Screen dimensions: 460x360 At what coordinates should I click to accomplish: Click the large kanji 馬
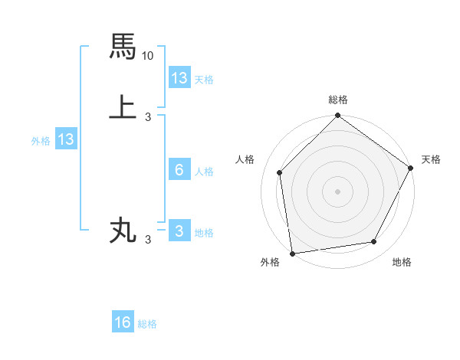tap(123, 47)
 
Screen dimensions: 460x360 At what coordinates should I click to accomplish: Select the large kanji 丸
tap(123, 230)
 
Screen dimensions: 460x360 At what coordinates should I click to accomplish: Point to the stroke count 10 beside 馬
tap(148, 56)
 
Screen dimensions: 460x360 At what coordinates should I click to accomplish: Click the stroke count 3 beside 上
tap(148, 117)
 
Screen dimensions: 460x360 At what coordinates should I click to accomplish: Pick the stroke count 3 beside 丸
tap(148, 240)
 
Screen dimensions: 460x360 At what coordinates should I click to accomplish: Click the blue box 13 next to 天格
tap(179, 78)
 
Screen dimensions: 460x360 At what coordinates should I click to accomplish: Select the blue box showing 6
tap(179, 170)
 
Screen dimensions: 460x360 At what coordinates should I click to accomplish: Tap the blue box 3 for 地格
tap(179, 231)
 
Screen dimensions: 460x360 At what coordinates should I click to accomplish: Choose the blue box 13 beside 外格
tap(66, 139)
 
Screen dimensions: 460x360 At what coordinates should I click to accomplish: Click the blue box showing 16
tap(123, 323)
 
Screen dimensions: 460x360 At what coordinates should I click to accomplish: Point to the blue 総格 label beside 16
tap(147, 324)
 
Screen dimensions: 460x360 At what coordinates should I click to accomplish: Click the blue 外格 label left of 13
tap(41, 140)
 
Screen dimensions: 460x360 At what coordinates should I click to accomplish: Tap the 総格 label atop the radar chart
tap(338, 100)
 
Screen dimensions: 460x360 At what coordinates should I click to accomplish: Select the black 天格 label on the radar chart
tap(431, 159)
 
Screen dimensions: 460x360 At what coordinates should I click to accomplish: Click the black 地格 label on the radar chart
tap(402, 263)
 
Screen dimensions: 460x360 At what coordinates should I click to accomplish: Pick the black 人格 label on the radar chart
tap(245, 159)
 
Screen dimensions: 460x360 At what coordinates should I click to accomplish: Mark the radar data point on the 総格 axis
tap(338, 116)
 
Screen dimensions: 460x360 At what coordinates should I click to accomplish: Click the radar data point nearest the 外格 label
tap(292, 253)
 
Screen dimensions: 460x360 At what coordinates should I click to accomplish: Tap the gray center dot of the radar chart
tap(338, 191)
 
